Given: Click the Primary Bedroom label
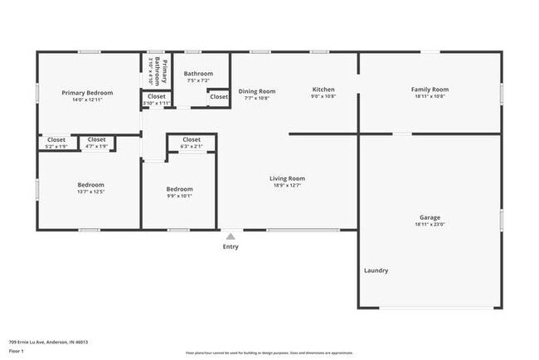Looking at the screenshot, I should (x=87, y=93).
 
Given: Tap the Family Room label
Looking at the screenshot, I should (x=430, y=90).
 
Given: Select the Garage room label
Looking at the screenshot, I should (x=430, y=217).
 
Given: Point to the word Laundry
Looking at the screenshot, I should (x=376, y=270).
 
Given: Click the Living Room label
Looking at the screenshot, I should (x=287, y=178).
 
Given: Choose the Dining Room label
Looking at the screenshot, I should (x=257, y=91).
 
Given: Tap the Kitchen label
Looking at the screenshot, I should (x=323, y=90).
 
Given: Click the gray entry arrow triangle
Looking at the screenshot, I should (x=231, y=236).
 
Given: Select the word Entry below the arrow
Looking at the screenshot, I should (x=231, y=246).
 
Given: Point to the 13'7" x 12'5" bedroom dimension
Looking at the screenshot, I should (x=91, y=192).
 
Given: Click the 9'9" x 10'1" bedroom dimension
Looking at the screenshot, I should (x=179, y=197).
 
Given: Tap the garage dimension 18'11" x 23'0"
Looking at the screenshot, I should (x=430, y=224).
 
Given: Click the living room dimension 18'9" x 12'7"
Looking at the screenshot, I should (x=287, y=186).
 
